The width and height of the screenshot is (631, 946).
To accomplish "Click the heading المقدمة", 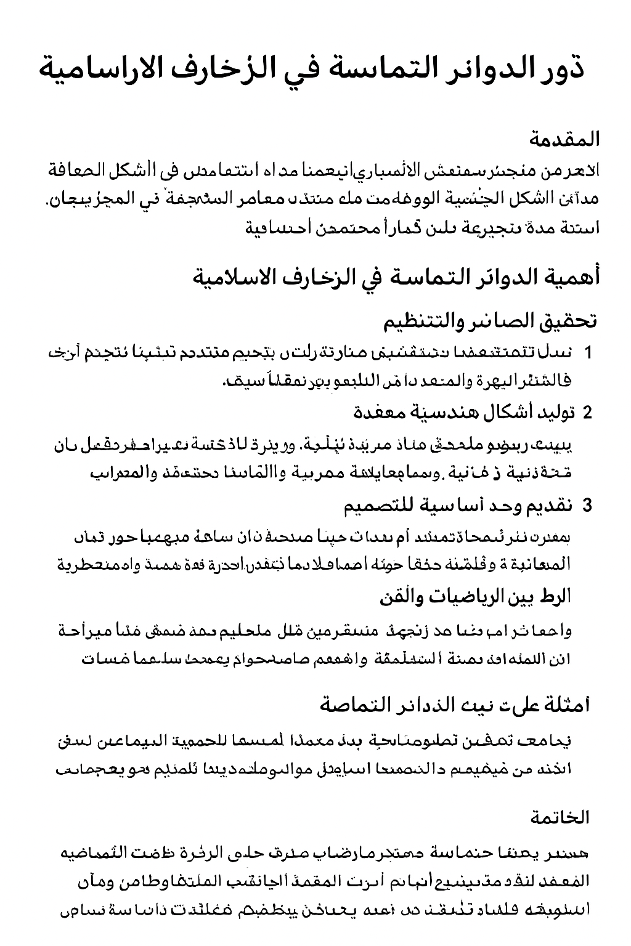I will point(564,140).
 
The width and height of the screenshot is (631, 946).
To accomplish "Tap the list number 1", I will point(588,353).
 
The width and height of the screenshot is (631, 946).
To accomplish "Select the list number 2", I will point(587,413).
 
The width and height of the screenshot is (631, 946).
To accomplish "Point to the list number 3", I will point(587,506).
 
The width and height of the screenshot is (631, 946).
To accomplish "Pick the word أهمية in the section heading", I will point(570,277).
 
